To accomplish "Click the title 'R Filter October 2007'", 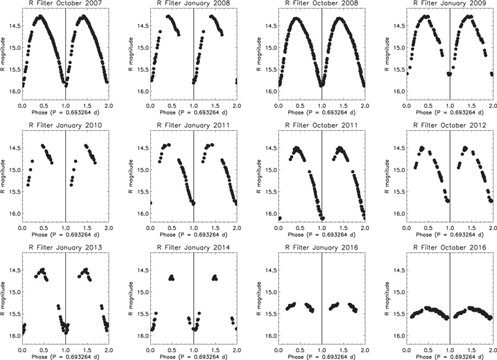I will [65, 5].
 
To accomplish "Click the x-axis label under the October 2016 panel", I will [449, 355].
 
